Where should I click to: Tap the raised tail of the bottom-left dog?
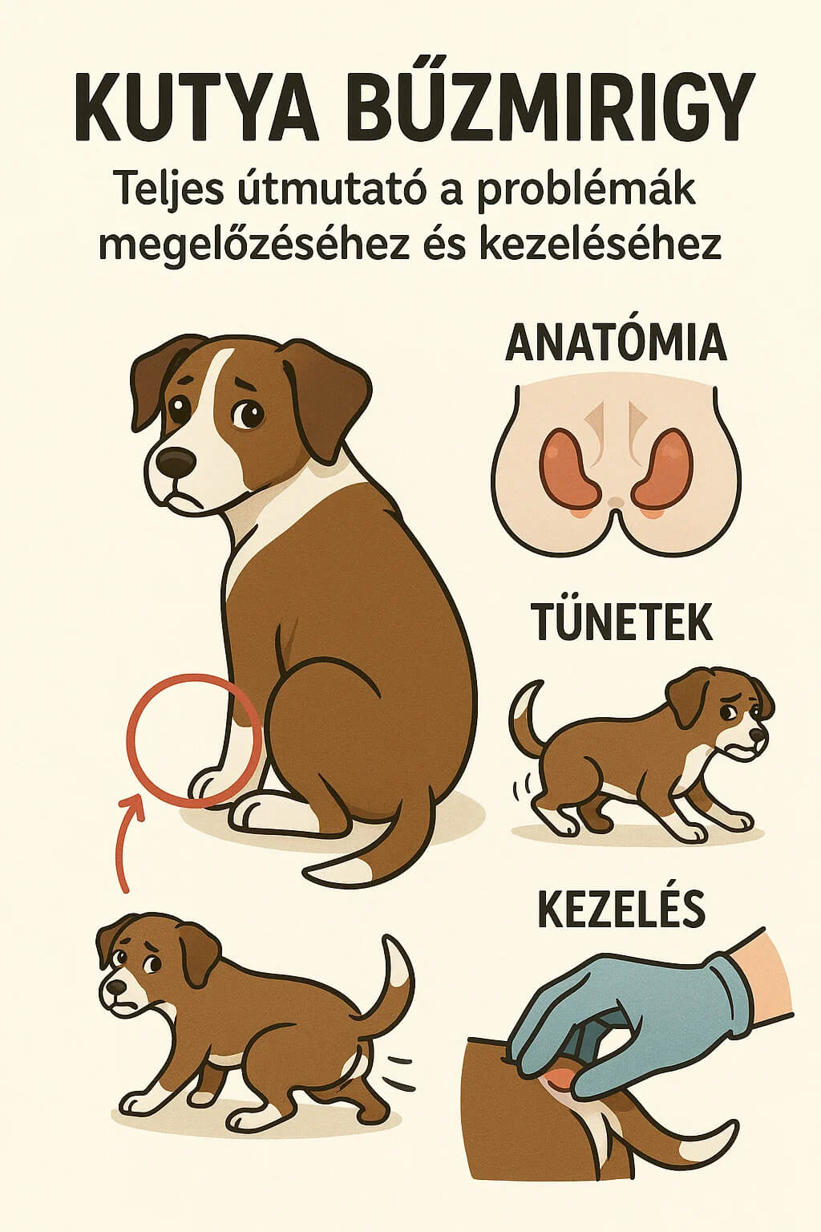click(x=397, y=987)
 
